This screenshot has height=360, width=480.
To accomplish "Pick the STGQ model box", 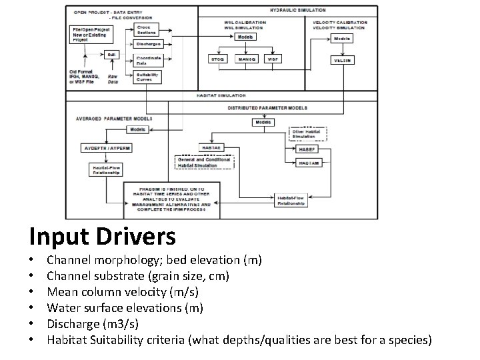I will point(218,59).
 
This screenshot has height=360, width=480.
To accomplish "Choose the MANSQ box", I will point(246,59).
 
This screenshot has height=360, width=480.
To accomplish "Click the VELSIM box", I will point(342,60).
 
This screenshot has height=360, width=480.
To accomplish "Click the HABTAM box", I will point(308,163).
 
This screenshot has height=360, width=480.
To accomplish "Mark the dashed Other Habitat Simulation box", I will point(308,133).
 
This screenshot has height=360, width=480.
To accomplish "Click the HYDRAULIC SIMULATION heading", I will point(298,11).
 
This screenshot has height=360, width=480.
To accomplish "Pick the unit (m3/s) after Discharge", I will point(122,324).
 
